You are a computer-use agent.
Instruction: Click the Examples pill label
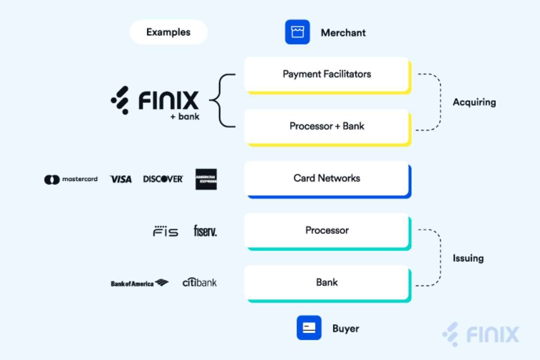pos(168,32)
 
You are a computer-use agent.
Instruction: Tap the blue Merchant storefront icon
pos(297,32)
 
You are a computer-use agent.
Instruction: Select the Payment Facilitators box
pos(327,74)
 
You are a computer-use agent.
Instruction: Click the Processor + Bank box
pos(327,126)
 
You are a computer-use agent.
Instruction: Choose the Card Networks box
pos(327,178)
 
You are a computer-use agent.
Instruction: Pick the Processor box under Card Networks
pos(327,230)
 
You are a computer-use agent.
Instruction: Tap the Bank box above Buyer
pos(327,283)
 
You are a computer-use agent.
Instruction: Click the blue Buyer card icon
pos(309,328)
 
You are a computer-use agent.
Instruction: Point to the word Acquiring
pos(474,102)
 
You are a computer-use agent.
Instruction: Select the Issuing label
pos(468,258)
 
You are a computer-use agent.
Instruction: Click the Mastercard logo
pos(71,179)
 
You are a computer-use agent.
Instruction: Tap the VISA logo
pos(121,179)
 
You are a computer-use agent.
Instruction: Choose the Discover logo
pos(163,179)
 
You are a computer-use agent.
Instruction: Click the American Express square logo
pos(206,179)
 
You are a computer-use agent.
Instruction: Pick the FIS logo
pos(165,231)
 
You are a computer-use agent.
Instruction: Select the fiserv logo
pos(205,231)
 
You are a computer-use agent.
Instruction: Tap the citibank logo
pos(199,283)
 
